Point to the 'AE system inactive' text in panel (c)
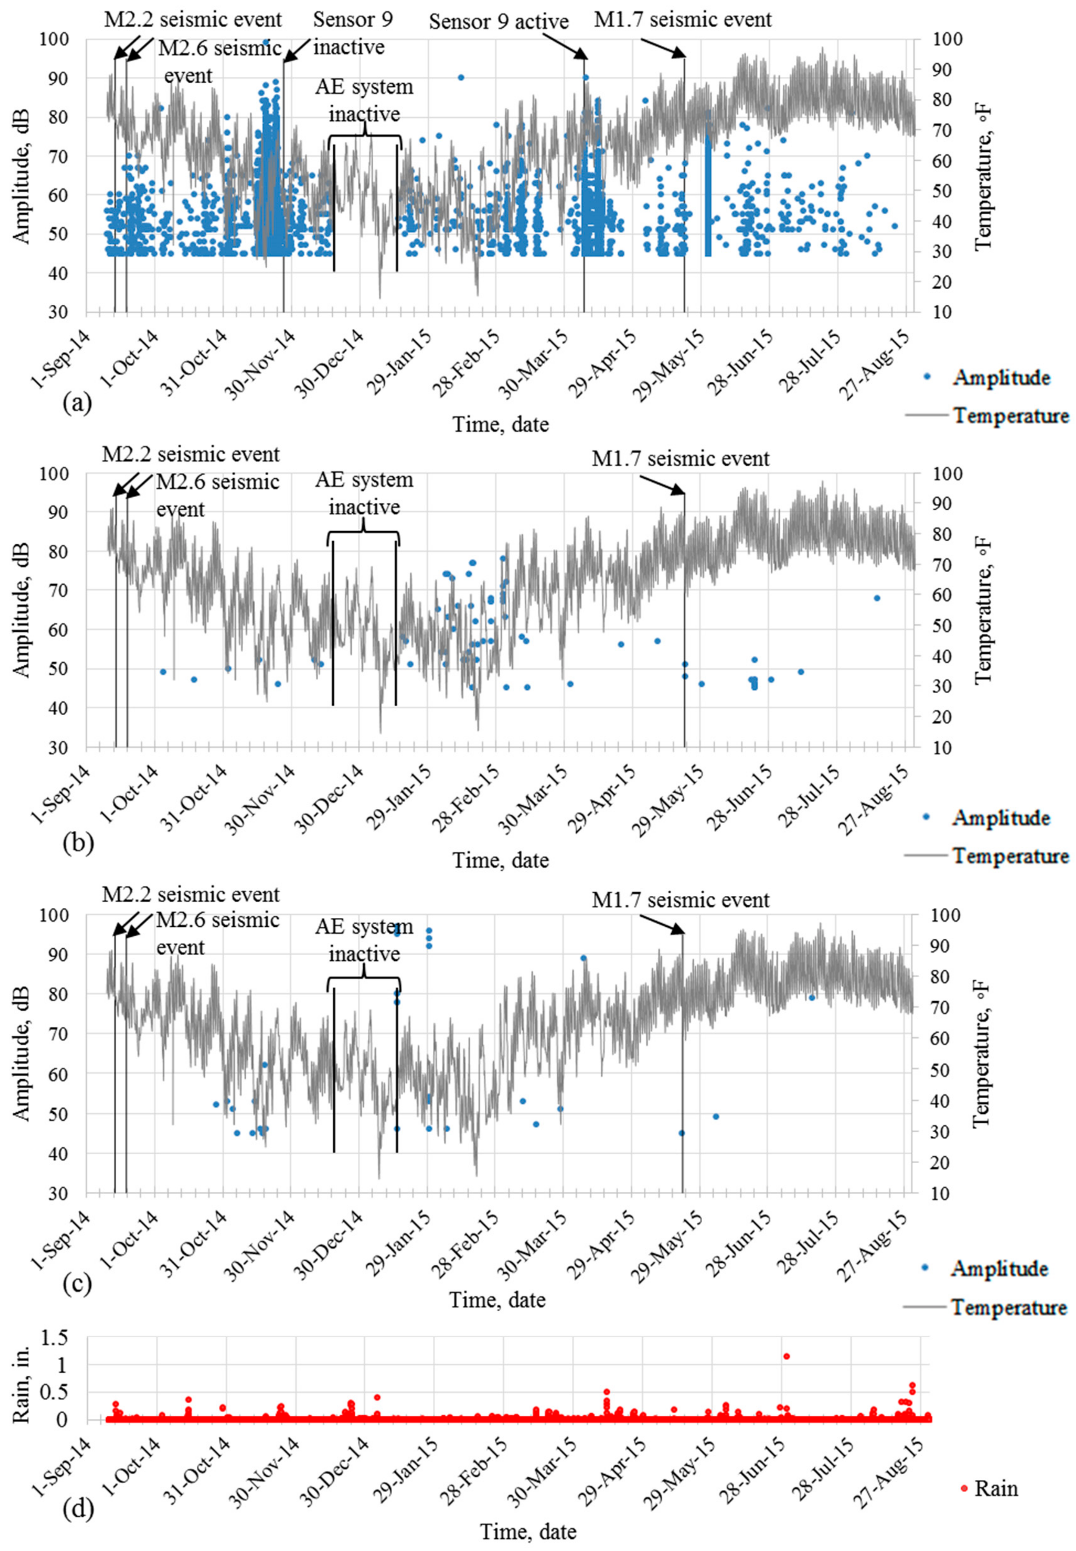click(x=364, y=940)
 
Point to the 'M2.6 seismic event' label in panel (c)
click(x=217, y=933)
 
